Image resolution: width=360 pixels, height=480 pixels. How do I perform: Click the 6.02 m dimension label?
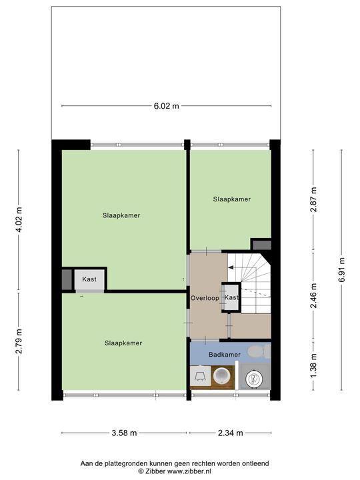[166, 106]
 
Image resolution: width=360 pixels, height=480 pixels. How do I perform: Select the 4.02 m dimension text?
[19, 219]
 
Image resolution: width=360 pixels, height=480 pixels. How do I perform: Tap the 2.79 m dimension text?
[19, 341]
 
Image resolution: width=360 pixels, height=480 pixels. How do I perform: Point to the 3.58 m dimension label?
[124, 433]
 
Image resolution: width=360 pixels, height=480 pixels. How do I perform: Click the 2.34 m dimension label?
[230, 433]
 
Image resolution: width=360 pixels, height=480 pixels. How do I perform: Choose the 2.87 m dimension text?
[313, 199]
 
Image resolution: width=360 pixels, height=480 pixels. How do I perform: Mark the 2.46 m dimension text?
[313, 296]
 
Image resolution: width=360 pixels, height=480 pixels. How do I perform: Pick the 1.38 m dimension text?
[313, 365]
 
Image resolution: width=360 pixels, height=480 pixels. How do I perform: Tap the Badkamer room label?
[225, 355]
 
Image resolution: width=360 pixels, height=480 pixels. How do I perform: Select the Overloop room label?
[205, 298]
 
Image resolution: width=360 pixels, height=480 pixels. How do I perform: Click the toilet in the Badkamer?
[259, 351]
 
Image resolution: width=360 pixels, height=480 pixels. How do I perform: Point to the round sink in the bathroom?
[221, 376]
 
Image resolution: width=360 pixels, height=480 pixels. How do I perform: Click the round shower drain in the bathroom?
[254, 379]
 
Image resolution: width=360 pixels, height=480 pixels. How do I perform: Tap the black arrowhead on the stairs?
[231, 267]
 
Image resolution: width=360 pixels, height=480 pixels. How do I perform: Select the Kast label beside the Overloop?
[231, 297]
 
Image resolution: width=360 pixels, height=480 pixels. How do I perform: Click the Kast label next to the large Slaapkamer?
[89, 279]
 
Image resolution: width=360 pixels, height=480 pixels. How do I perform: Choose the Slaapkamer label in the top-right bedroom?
[232, 199]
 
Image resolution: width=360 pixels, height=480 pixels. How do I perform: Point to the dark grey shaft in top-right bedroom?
[262, 245]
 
